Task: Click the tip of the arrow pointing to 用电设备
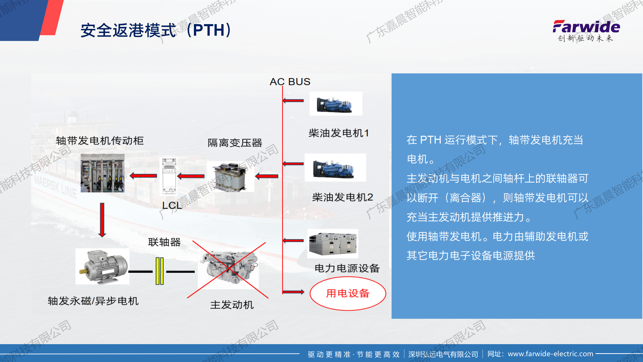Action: [x=304, y=292]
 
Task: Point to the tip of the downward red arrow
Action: [x=102, y=237]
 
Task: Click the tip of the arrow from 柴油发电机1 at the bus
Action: [x=283, y=101]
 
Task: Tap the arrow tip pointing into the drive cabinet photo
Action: [x=130, y=176]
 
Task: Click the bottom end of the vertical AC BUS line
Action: [x=283, y=294]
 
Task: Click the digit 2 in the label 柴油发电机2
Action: [x=370, y=197]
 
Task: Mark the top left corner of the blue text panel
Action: [x=392, y=73]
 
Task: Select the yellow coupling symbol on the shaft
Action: [x=159, y=271]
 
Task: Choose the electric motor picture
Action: [x=102, y=266]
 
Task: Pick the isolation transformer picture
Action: [x=230, y=176]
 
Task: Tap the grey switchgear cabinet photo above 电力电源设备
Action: [x=333, y=243]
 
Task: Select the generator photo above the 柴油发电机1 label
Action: [x=336, y=104]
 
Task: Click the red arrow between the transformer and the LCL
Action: [x=191, y=176]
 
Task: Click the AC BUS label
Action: [x=290, y=82]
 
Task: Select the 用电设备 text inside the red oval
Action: [x=348, y=293]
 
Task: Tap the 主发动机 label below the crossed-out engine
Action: [x=232, y=305]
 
